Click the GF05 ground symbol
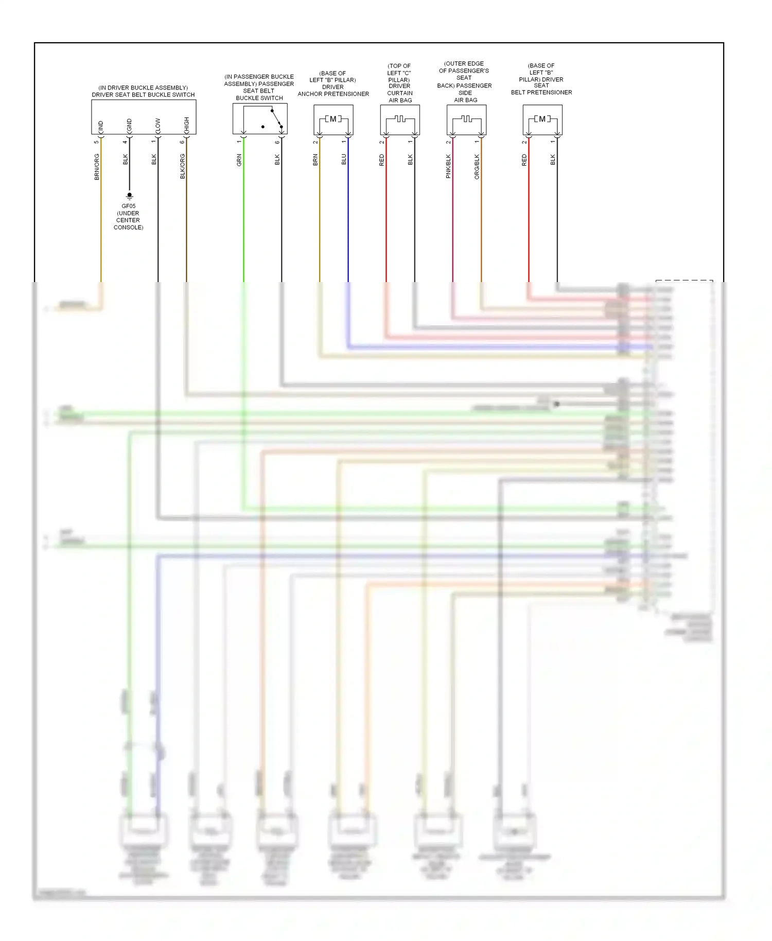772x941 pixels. [x=129, y=196]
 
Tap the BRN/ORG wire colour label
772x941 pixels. [x=97, y=166]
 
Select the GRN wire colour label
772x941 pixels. [x=239, y=160]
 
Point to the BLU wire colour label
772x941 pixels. [x=344, y=160]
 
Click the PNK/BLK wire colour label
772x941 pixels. [x=448, y=166]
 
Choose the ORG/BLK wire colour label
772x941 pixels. [x=477, y=166]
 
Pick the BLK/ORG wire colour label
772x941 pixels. [x=182, y=166]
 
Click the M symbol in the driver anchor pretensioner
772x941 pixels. [x=333, y=119]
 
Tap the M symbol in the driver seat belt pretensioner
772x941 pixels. [x=542, y=119]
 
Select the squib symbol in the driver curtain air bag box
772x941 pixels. [x=400, y=119]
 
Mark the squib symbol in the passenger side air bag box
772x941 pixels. [x=466, y=119]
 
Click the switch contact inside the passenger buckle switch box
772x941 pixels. [x=276, y=118]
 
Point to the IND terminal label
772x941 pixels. [x=101, y=125]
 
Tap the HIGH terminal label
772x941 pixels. [x=187, y=124]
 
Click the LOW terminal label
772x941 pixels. [x=158, y=124]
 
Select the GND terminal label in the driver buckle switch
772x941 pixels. [x=129, y=124]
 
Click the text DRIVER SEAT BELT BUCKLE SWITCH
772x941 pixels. [x=143, y=95]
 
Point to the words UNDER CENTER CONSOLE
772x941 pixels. [x=128, y=220]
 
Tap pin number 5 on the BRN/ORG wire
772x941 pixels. [x=96, y=142]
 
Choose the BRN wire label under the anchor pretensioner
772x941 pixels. [x=315, y=160]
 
